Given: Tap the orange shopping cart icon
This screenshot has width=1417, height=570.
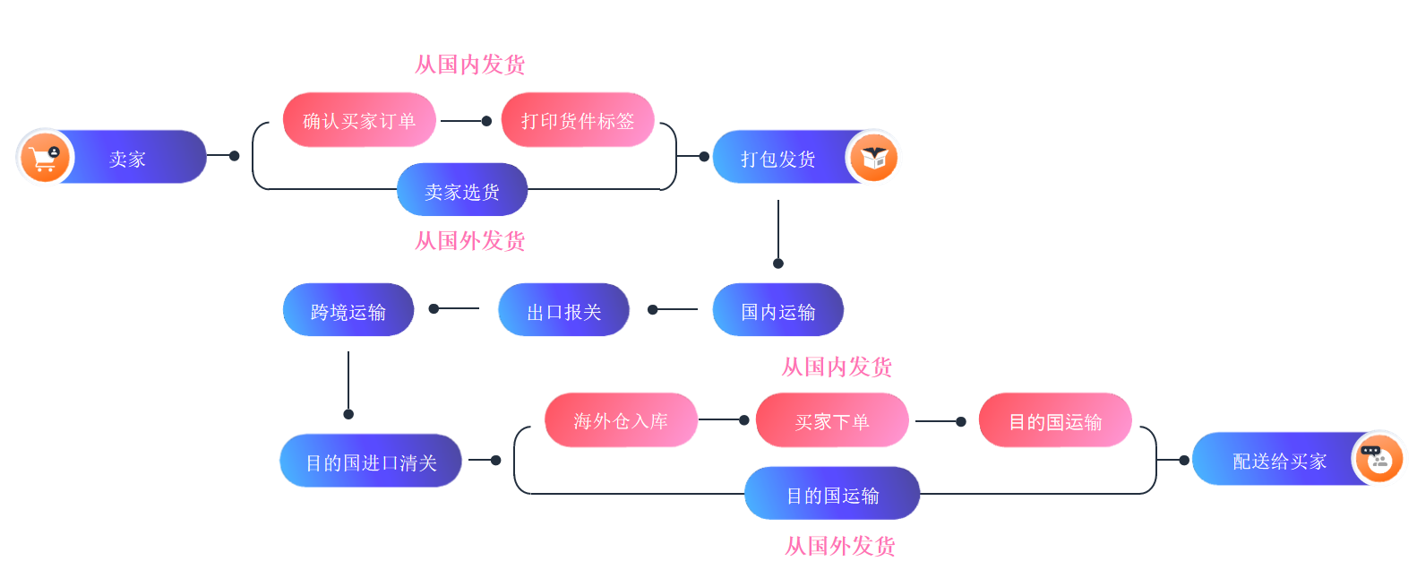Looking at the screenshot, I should (x=44, y=158).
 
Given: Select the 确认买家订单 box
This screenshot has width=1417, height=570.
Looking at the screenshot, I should (x=359, y=120).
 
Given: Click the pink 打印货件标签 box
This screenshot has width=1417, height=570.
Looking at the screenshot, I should (x=578, y=120).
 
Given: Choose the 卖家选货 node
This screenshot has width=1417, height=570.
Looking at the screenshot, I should (x=462, y=190).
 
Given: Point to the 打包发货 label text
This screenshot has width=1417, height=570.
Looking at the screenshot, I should (x=777, y=159).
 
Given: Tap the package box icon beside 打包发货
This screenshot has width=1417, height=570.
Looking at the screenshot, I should (x=873, y=158).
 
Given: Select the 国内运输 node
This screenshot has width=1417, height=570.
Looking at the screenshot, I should (x=777, y=310).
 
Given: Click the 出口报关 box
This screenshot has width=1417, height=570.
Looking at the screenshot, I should (x=563, y=310).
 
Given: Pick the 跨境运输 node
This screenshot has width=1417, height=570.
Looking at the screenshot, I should (x=348, y=310).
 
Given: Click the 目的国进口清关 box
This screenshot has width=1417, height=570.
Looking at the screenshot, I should (x=371, y=462).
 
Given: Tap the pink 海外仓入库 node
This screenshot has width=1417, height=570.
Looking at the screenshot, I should (x=621, y=420).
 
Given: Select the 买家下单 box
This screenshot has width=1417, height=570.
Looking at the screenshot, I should (x=832, y=420).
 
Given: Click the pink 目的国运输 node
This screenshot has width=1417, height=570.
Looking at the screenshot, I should (x=1055, y=420).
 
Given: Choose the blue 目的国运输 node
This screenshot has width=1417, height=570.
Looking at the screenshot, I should (x=832, y=494).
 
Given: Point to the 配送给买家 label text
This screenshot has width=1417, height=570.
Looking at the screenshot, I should (x=1278, y=461).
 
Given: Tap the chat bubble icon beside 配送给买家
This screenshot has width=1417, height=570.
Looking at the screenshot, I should (x=1378, y=459).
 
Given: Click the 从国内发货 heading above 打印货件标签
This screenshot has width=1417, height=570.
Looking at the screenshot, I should (x=470, y=65).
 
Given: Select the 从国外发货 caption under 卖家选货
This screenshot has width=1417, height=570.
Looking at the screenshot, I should (x=470, y=241).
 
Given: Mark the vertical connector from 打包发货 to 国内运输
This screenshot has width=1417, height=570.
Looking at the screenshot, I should (x=778, y=231).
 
